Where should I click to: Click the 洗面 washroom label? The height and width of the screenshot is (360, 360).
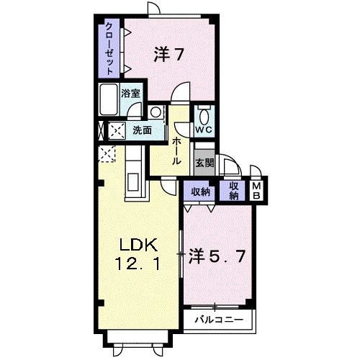pyautogui.click(x=141, y=130)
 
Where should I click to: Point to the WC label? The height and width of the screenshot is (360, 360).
pyautogui.click(x=203, y=130)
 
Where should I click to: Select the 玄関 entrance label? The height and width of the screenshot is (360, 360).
pyautogui.click(x=204, y=162)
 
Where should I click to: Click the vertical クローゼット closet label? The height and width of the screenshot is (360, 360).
pyautogui.click(x=109, y=48)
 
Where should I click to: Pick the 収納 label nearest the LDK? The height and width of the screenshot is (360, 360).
pyautogui.click(x=200, y=192)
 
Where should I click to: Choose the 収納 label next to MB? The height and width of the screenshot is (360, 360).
pyautogui.click(x=233, y=190)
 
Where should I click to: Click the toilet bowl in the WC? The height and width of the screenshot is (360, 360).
pyautogui.click(x=204, y=115)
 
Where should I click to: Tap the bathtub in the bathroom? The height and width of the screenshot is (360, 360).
pyautogui.click(x=109, y=99)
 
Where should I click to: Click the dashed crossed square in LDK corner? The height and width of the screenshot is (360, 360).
pyautogui.click(x=107, y=153)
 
